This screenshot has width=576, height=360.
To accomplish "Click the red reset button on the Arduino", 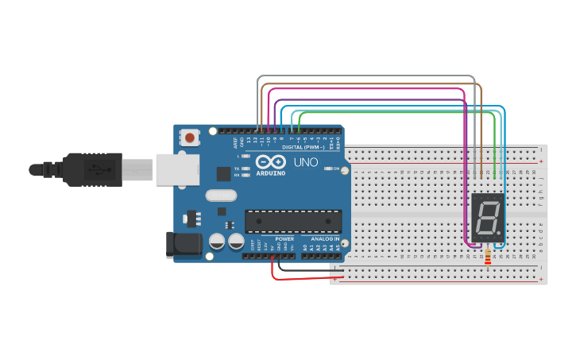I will coord(190,137).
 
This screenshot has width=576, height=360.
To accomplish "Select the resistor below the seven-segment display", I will coord(487,258).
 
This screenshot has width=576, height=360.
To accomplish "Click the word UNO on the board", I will coord(306,162).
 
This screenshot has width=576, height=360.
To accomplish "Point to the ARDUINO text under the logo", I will coord(270,172).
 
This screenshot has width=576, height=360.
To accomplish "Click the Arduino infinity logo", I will coord(270,161).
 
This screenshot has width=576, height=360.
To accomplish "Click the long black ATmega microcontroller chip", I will coord(293,222).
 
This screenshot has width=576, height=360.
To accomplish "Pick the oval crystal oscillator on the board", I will coord(221,195).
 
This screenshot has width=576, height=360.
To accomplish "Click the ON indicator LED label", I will coord(337,169).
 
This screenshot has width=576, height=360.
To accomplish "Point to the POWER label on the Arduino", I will coord(284,238).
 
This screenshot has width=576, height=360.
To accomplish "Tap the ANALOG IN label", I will coord(325,238).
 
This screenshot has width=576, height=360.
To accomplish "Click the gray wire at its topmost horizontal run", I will coord(365,76).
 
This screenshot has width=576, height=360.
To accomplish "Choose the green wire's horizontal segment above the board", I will coord(397,112).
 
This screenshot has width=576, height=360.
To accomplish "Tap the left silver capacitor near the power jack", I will coord(218,241).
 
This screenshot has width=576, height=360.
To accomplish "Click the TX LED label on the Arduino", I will coord(238,168).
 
